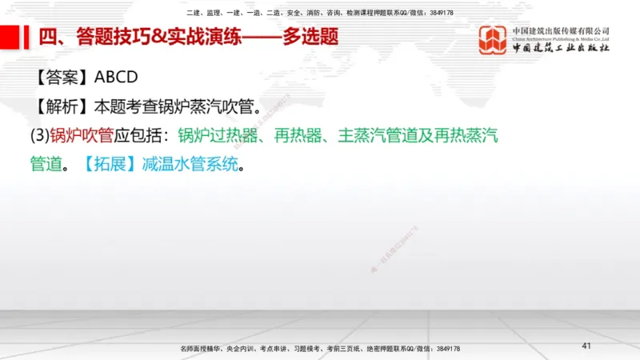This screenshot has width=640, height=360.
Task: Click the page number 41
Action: coord(586,346)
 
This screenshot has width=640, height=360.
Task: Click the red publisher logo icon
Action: coord(493,39)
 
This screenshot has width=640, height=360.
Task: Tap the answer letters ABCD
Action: coord(117,78)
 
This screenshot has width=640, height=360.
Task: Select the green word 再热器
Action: coord(297,135)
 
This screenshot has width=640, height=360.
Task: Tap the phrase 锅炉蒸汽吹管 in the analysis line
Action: coord(216,106)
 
